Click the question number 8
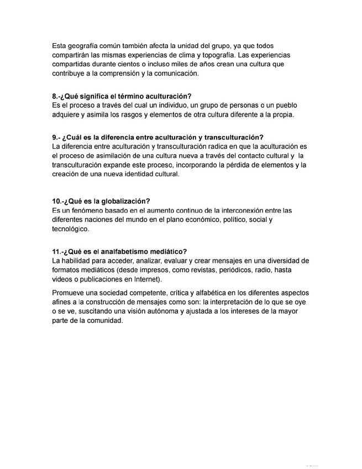pos(55,96)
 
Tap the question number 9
pos(55,137)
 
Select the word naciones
pos(105,220)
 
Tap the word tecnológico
pos(70,229)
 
